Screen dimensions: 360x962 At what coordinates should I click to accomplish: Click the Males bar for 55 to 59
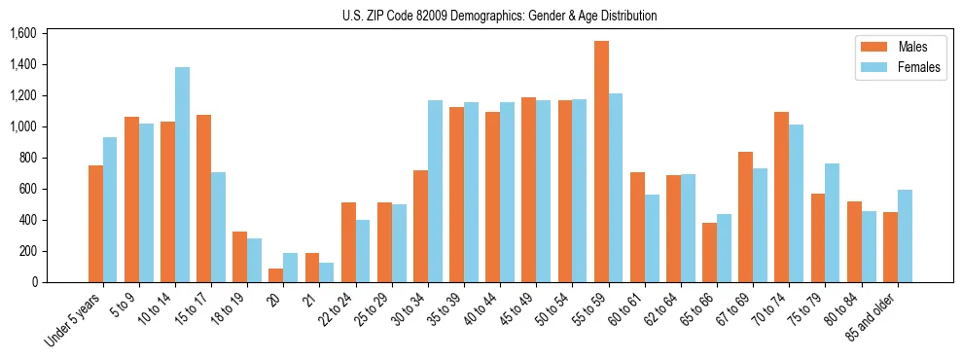pos(601,162)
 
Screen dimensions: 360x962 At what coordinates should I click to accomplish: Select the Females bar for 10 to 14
pos(182,175)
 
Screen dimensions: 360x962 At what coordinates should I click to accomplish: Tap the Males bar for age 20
pos(276,275)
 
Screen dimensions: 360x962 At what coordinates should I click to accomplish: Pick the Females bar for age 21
pos(327,272)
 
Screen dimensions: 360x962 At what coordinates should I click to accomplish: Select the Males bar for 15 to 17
pos(203,198)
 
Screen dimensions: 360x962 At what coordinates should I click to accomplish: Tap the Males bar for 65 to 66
pos(710,253)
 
